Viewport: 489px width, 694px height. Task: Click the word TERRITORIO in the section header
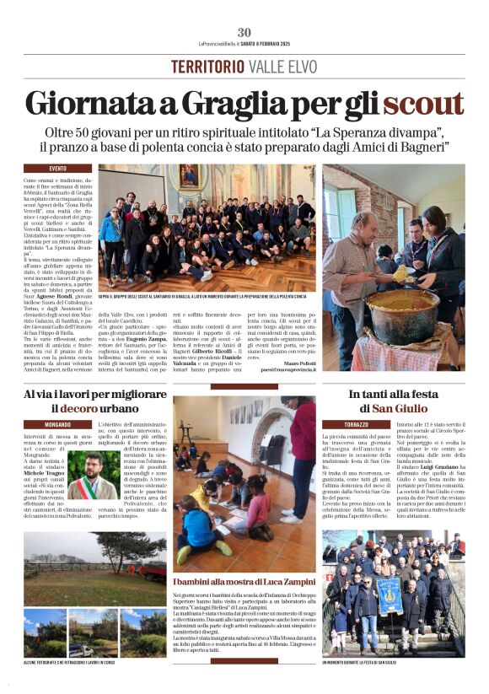pos(202,67)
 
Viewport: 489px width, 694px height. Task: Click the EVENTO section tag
pos(46,168)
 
